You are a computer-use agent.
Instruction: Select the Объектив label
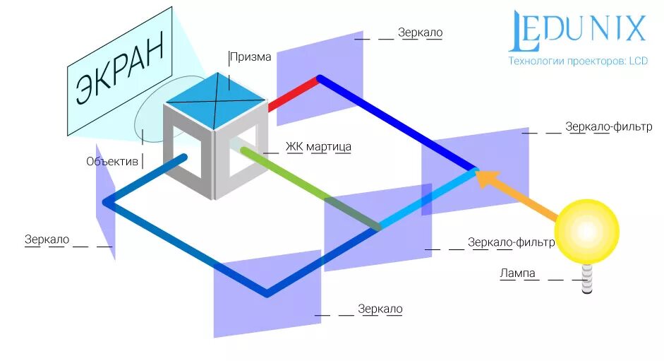[112, 162]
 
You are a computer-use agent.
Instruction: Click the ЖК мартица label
[318, 147]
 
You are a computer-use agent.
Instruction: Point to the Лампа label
[517, 273]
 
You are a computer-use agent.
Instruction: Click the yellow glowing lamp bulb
[586, 231]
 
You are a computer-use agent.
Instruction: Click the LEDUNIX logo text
[577, 30]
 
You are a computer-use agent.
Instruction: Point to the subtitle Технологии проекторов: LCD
[577, 61]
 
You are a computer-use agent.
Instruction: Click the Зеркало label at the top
[420, 33]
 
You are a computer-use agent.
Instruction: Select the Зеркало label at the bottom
[380, 309]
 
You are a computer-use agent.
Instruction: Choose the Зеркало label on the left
[47, 239]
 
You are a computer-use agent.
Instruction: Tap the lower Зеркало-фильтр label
[511, 243]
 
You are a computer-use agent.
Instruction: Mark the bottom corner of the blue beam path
[266, 292]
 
